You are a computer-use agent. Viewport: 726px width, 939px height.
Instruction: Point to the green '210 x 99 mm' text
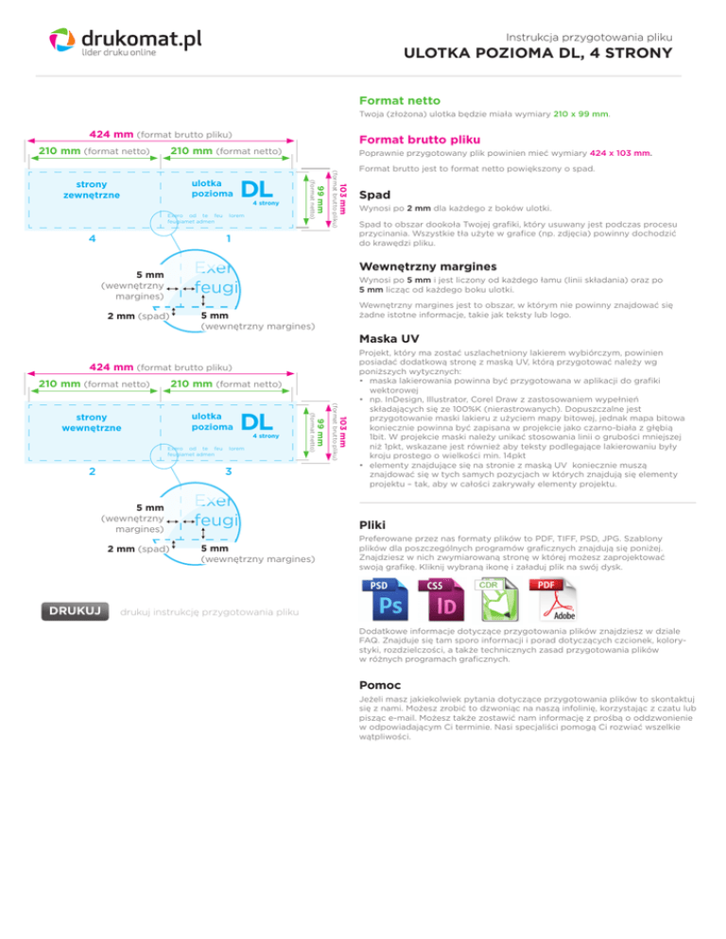(x=580, y=114)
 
